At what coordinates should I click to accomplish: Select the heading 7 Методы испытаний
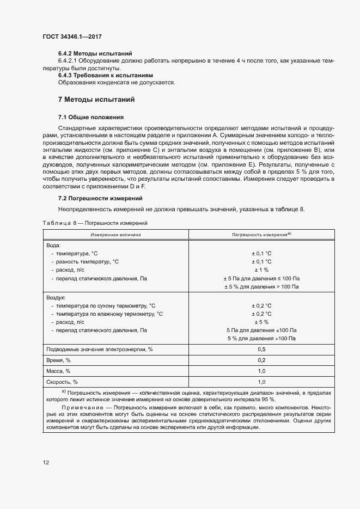96,100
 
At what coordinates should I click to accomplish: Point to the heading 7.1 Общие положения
91,117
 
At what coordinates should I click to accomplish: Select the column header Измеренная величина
115,234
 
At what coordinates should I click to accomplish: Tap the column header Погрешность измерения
261,234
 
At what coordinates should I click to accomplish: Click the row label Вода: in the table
54,246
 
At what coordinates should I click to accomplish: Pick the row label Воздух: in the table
57,298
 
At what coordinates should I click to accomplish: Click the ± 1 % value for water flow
261,270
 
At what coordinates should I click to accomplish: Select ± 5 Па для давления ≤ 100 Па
261,278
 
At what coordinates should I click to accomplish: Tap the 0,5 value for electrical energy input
261,349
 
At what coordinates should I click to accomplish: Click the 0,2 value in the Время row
261,360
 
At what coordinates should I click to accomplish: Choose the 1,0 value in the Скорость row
261,382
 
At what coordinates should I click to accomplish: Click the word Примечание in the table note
81,407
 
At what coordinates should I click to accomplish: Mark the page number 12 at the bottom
46,463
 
